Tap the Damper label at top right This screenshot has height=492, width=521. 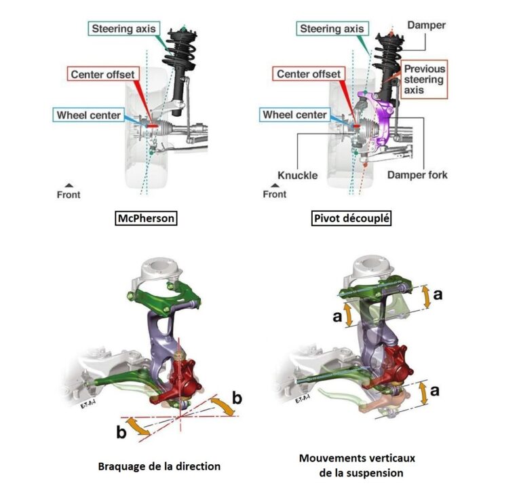(x=426, y=25)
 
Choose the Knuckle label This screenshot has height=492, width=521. (x=297, y=175)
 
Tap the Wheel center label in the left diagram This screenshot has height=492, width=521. (x=88, y=115)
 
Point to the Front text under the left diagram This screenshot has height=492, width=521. (x=68, y=195)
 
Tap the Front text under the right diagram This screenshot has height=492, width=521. (x=274, y=194)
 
